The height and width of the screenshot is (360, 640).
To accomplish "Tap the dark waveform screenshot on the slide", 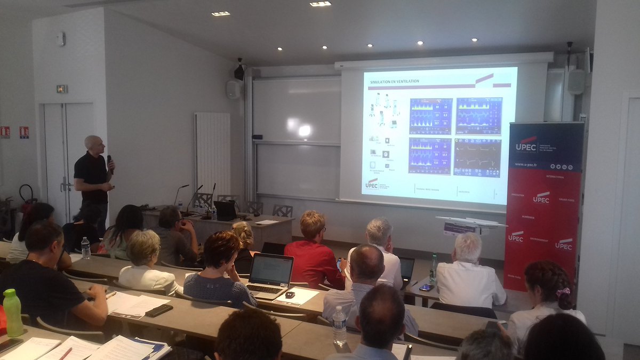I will pos(477,157).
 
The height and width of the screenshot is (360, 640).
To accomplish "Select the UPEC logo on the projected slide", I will pos(372,183).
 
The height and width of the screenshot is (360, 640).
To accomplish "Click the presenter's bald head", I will pos(92,143).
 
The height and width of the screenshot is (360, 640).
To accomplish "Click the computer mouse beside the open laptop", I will pos(290,294).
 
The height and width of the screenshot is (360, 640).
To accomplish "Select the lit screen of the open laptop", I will pos(271,270).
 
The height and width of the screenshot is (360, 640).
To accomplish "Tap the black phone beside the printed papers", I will pos(159,310).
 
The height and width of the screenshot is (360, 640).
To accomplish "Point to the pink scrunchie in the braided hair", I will pos(562,292).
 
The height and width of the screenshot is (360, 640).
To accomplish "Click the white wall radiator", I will pos(212,152).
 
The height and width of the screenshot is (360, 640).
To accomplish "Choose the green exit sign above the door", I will pos(62,89).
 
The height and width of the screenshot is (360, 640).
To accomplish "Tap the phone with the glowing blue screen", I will pos(426,287).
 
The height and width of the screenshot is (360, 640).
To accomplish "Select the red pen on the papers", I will pos(65,353).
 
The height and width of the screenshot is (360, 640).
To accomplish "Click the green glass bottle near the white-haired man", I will pos(434,267).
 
